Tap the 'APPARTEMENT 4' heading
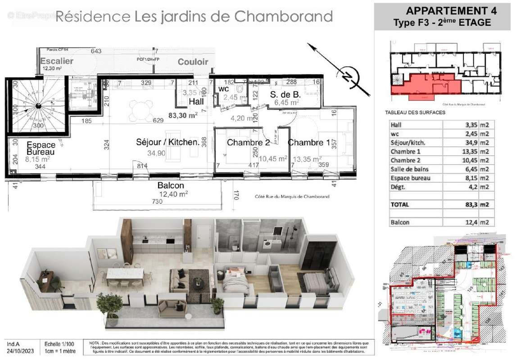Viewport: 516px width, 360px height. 442,11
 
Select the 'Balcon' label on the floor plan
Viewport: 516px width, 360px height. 171,185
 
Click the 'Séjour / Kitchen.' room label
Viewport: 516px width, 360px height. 167,142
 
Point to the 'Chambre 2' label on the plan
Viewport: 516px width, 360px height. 248,143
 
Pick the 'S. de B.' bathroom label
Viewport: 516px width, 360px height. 285,94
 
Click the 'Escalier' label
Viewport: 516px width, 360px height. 57,61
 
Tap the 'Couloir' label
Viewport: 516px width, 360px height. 193,62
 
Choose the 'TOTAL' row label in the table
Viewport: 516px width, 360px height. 400,204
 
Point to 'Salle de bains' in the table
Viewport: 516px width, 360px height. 409,169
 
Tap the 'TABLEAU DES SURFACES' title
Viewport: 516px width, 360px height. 415,112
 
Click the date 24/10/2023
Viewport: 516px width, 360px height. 20,351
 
